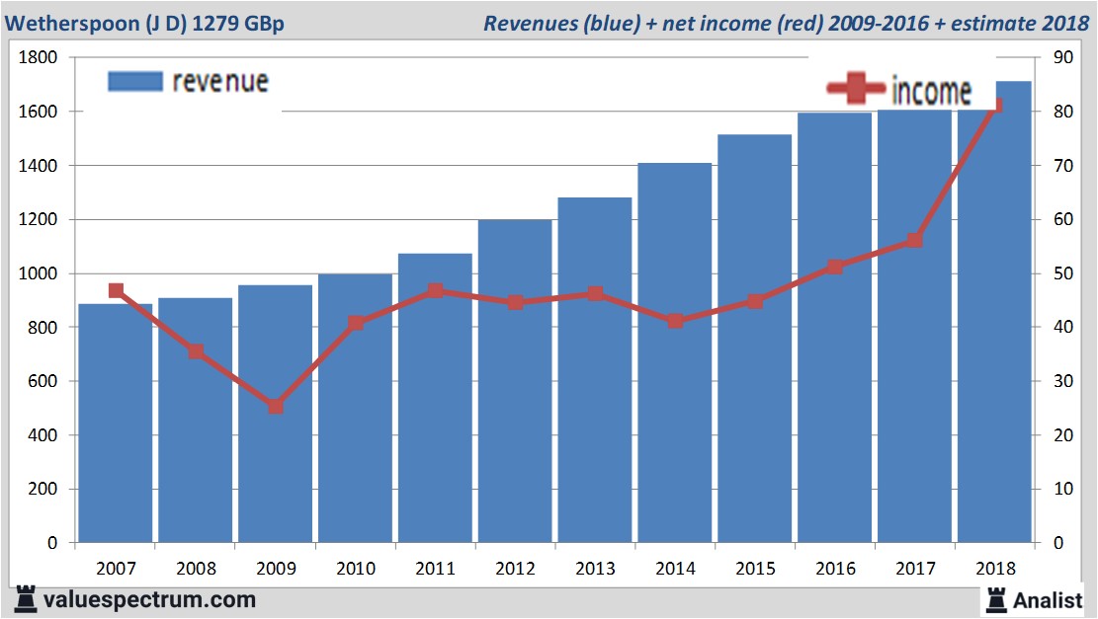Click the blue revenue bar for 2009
[x=276, y=415]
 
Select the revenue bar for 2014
[x=675, y=355]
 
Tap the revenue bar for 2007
[x=116, y=425]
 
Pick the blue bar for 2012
[x=515, y=385]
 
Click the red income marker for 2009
[x=276, y=406]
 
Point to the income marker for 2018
[x=994, y=105]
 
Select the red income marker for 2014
[x=675, y=321]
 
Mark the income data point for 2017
[x=914, y=240]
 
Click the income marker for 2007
[x=116, y=290]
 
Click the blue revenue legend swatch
[x=133, y=81]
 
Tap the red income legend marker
[x=856, y=89]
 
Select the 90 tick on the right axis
[x=1063, y=58]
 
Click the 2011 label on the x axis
[x=435, y=569]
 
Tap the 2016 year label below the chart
[x=835, y=569]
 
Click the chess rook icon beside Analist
[x=996, y=598]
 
